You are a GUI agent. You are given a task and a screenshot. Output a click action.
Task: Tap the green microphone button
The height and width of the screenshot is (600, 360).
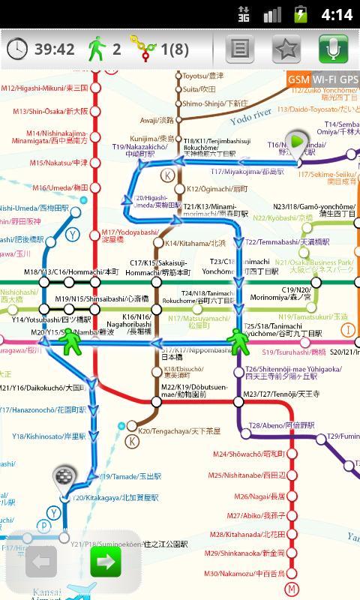tap(333, 49)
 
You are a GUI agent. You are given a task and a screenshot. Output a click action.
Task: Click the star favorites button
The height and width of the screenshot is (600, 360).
tap(286, 49)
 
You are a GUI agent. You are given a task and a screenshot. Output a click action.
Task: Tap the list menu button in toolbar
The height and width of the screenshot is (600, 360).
tap(240, 49)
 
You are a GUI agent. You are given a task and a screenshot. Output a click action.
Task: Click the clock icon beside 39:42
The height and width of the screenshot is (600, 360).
tap(16, 49)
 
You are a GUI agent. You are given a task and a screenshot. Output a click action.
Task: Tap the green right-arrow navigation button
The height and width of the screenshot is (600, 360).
tap(105, 561)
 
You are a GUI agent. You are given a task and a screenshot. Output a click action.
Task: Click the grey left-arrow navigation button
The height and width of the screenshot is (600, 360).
tap(41, 561)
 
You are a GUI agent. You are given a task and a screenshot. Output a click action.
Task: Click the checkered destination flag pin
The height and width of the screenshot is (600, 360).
tap(64, 477)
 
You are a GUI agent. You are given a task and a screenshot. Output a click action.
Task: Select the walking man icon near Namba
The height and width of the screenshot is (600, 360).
tap(71, 342)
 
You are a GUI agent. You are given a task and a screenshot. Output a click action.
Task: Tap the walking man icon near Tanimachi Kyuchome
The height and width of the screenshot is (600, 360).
tap(239, 341)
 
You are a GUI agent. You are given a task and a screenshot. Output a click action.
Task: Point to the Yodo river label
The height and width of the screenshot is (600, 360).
tap(251, 115)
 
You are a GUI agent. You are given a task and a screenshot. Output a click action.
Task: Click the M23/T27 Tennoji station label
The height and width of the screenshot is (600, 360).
tap(281, 394)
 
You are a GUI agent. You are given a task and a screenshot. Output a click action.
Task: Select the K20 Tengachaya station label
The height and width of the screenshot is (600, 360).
tap(168, 431)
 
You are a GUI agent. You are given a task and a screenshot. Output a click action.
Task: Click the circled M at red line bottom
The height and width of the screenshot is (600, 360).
tap(292, 588)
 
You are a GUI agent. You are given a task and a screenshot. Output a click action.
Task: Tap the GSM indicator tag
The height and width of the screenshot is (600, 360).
tap(298, 79)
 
